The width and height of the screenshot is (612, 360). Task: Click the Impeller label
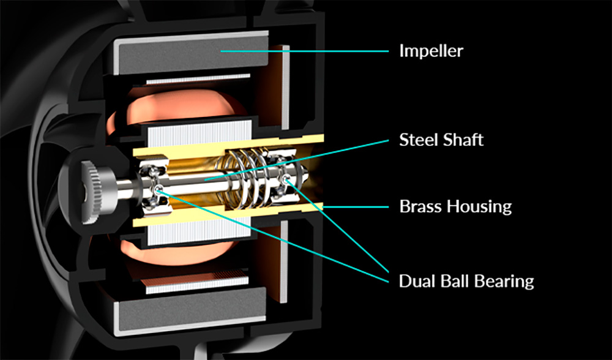[431, 51]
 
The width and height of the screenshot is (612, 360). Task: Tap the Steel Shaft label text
[441, 140]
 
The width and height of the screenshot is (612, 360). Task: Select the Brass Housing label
[455, 206]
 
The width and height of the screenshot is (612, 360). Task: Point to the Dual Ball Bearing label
[466, 281]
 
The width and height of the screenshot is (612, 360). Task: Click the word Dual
[416, 281]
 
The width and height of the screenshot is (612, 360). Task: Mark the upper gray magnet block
[193, 54]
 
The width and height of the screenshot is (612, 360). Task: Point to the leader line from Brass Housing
[355, 207]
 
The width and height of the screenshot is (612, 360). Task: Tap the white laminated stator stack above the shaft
[199, 133]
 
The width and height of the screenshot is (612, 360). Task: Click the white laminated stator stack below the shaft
[199, 233]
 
